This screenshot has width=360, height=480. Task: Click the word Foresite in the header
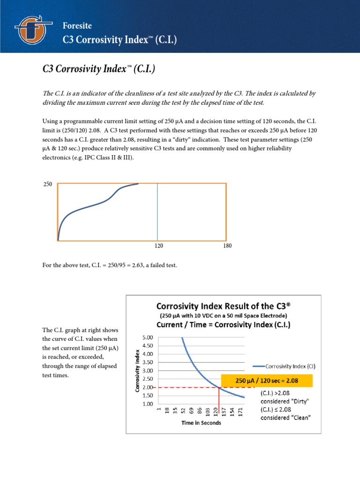(x=77, y=25)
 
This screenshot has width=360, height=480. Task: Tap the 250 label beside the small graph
(x=47, y=185)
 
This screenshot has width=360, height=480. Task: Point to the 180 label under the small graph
(x=228, y=246)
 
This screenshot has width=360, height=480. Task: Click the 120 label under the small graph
(x=158, y=246)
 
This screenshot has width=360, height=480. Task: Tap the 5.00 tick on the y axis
(x=147, y=337)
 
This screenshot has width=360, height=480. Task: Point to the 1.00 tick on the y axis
(x=147, y=404)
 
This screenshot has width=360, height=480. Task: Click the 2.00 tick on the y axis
(x=147, y=387)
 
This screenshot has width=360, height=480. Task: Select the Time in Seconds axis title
(x=202, y=422)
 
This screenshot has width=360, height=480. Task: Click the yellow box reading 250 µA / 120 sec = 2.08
(x=267, y=381)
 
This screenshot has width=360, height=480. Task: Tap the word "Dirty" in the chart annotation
(x=299, y=401)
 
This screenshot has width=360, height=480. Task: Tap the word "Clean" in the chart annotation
(x=299, y=418)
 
